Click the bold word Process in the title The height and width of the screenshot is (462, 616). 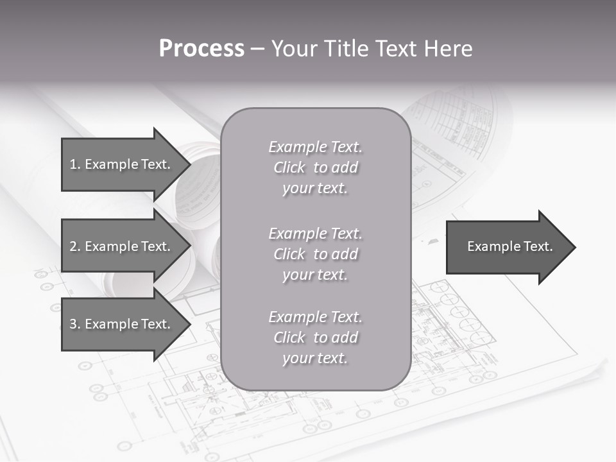[201, 49]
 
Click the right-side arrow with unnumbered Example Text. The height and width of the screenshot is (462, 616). [510, 246]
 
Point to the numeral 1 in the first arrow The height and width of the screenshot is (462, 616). [73, 164]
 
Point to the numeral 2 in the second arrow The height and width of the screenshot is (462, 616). [73, 246]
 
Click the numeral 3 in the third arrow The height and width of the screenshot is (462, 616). [73, 324]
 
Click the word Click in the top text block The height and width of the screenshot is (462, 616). [289, 167]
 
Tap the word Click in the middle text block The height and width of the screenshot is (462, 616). [289, 254]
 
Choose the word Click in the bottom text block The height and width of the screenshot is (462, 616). [289, 338]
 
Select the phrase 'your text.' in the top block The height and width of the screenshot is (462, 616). [315, 189]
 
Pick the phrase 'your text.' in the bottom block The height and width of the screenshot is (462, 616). [315, 359]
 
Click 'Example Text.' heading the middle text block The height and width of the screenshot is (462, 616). [315, 234]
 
